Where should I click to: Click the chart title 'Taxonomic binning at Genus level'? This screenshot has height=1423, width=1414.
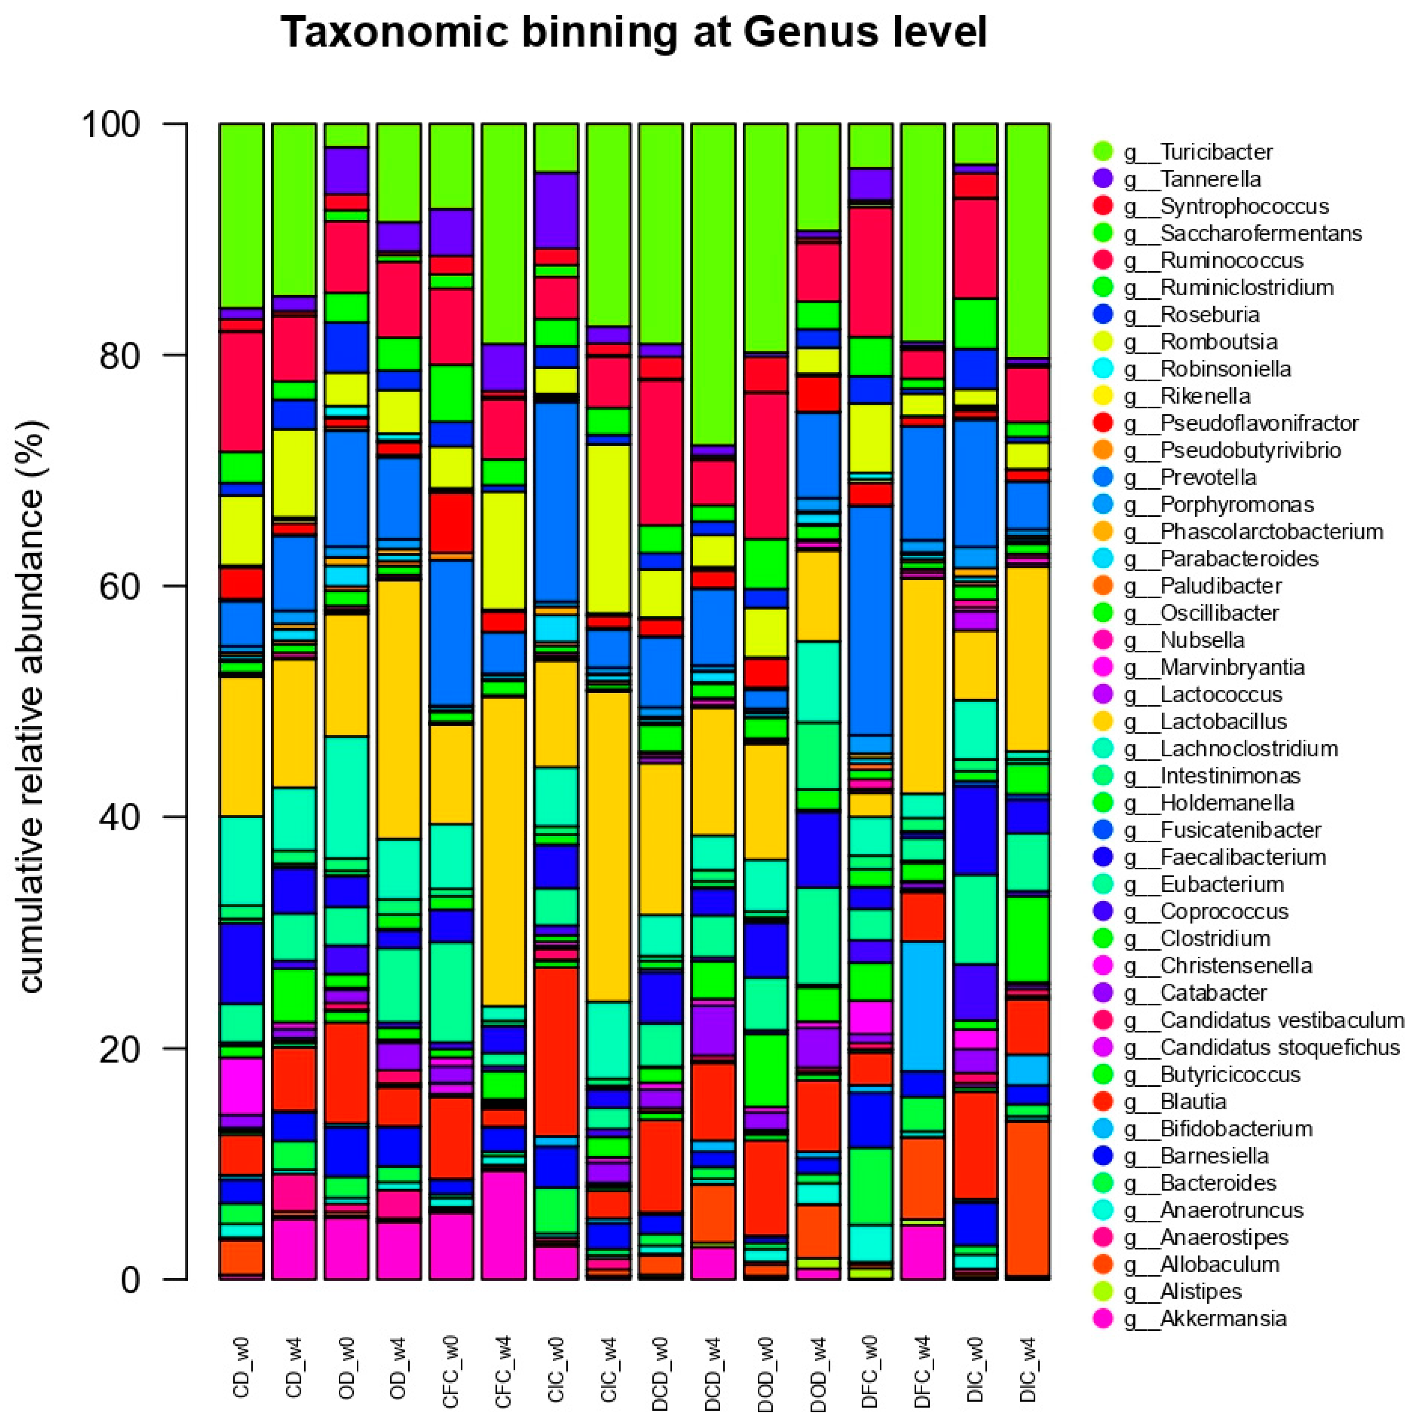click(x=633, y=33)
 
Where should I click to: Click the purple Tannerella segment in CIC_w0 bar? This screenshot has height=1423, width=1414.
click(x=556, y=210)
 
